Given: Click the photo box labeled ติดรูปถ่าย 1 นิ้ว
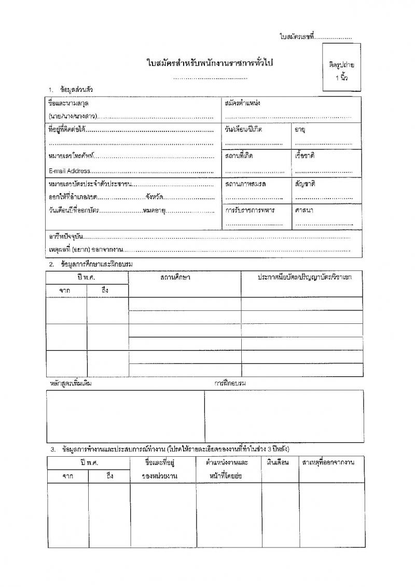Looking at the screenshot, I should [341, 67].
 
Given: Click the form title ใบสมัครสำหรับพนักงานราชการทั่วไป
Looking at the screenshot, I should [210, 63].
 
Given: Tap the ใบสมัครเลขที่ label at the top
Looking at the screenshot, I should [297, 37].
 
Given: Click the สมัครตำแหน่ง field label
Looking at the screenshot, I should [242, 103].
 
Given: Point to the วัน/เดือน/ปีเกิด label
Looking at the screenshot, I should [243, 129].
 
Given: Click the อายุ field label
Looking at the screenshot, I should [300, 129].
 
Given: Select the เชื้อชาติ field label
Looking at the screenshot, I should [305, 156].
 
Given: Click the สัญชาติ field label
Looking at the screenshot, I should [305, 184].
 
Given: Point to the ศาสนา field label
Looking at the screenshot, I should [304, 210].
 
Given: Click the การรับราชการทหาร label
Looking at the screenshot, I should [250, 210].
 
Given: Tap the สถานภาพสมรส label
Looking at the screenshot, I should [246, 184].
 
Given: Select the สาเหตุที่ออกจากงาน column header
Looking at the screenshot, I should [331, 461].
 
